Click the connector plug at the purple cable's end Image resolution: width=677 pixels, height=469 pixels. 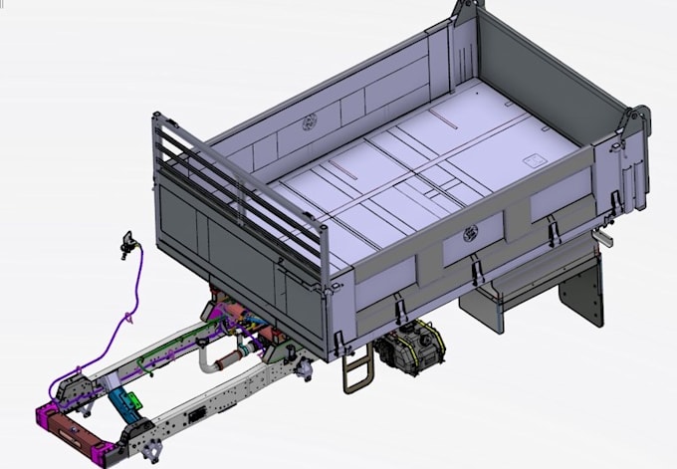pos(126,243)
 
